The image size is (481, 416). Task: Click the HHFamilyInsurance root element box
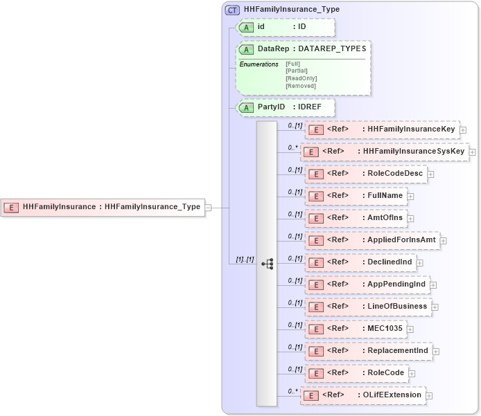click(x=104, y=206)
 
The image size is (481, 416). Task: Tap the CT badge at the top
click(x=232, y=10)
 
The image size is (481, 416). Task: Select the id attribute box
click(x=286, y=27)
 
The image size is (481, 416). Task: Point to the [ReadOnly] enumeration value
click(x=301, y=78)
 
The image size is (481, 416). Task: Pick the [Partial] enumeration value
click(x=297, y=71)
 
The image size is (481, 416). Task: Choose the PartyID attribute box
click(x=286, y=107)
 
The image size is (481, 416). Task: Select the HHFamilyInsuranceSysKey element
click(x=384, y=152)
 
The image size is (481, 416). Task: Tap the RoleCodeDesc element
click(x=366, y=174)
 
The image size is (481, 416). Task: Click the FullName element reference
click(x=356, y=196)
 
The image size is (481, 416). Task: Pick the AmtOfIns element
click(x=356, y=218)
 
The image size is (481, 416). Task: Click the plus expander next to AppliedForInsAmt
click(x=444, y=240)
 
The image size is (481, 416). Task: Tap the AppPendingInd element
click(x=367, y=284)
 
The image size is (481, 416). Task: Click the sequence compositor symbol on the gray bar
click(x=267, y=264)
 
